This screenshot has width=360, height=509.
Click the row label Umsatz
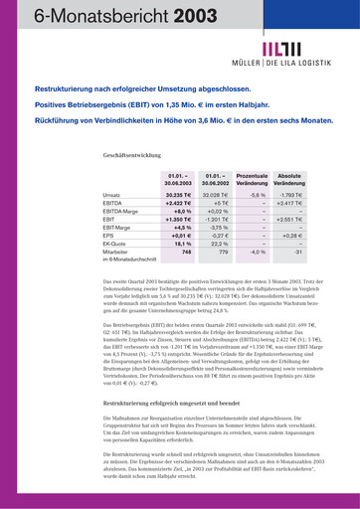tap(111, 195)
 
